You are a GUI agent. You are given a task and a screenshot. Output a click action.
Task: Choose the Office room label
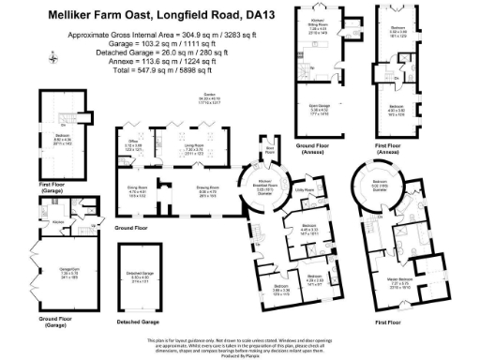(x=135, y=144)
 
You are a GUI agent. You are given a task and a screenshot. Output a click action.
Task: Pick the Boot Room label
(x=269, y=148)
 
